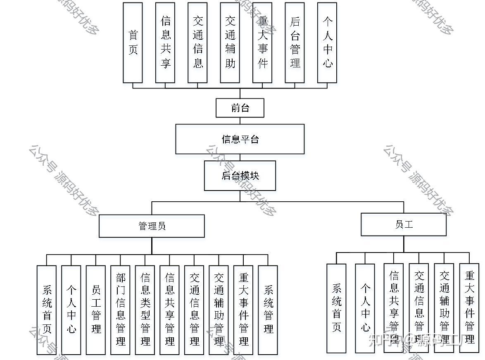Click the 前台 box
pyautogui.click(x=240, y=108)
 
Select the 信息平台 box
pyautogui.click(x=240, y=139)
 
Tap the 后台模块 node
pyautogui.click(x=240, y=176)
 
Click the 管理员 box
pyautogui.click(x=152, y=226)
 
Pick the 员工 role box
pyautogui.click(x=404, y=224)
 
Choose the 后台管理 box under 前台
pyautogui.click(x=295, y=43)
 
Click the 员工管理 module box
pyautogui.click(x=96, y=310)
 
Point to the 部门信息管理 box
pyautogui.click(x=121, y=310)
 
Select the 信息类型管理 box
pyautogui.click(x=145, y=310)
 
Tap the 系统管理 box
pyautogui.click(x=268, y=310)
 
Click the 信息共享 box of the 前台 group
pyautogui.click(x=165, y=43)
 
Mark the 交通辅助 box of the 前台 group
pyautogui.click(x=230, y=43)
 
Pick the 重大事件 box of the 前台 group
pyautogui.click(x=262, y=43)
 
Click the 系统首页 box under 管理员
pyautogui.click(x=47, y=310)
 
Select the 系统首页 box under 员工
pyautogui.click(x=336, y=308)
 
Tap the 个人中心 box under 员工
pyautogui.click(x=365, y=308)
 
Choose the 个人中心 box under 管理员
pyautogui.click(x=71, y=310)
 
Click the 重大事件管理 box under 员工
pyautogui.click(x=469, y=308)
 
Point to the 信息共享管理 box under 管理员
pyautogui.click(x=170, y=310)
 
